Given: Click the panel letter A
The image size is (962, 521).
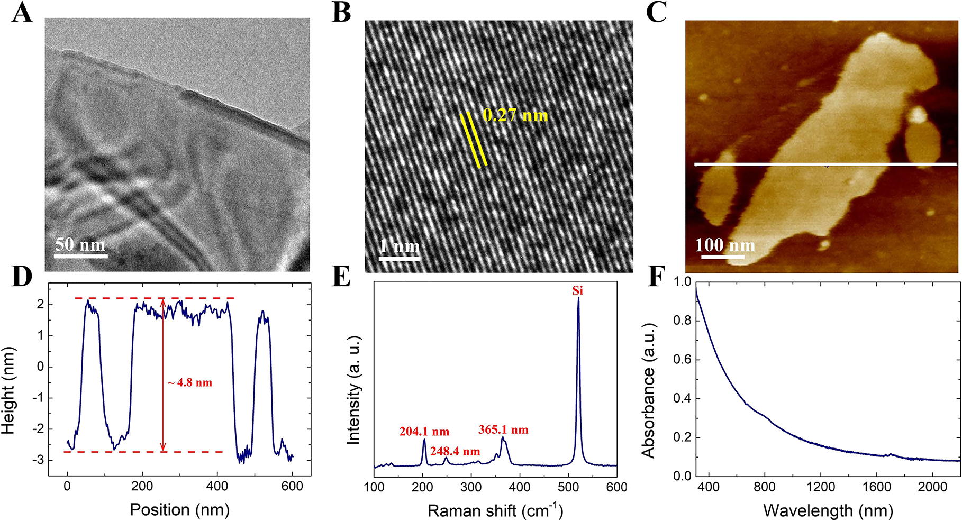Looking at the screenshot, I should tap(22, 13).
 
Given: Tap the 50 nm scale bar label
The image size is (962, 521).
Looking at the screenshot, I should tap(80, 244).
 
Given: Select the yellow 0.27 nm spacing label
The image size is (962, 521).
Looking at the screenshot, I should tap(515, 115).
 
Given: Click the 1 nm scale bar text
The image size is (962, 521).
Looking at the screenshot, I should tap(400, 246).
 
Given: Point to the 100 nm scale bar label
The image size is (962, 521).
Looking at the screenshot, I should tap(724, 245).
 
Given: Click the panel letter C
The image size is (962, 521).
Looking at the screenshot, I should tap(656, 13).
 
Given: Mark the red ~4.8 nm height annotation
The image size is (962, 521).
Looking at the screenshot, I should tap(190, 382).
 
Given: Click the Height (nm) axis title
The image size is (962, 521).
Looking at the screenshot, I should tap(8, 390).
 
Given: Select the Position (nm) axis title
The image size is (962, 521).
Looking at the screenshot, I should tap(180, 509).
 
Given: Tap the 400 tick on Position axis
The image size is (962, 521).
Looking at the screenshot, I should tap(217, 487).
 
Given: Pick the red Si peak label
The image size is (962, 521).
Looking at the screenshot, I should tap(577, 290).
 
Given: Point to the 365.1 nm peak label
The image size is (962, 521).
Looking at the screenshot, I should tap(503, 429).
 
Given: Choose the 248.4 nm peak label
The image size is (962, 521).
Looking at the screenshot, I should tap(455, 452).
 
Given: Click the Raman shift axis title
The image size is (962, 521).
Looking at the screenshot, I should tap(495, 510).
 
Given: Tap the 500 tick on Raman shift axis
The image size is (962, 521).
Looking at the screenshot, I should tap(569, 487).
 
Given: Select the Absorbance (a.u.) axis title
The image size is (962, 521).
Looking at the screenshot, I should tap(649, 390).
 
